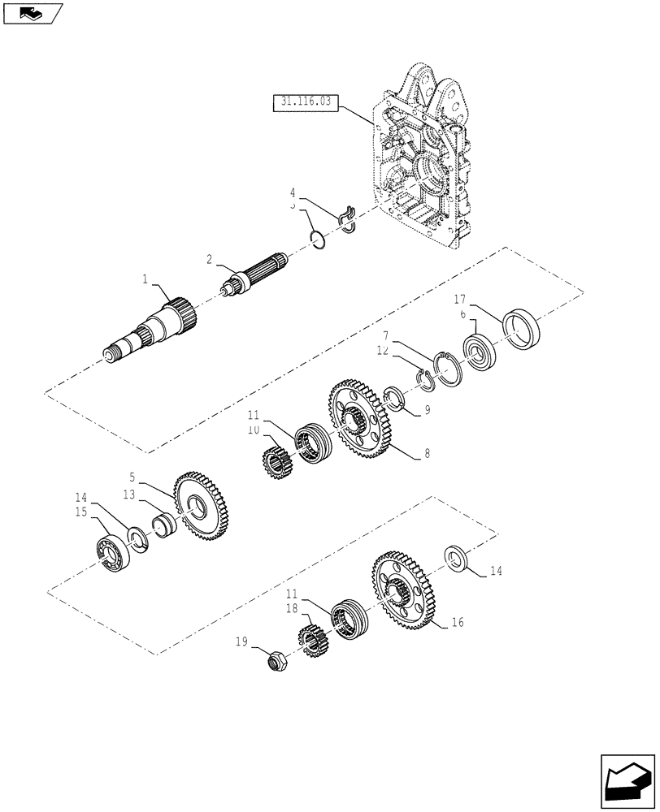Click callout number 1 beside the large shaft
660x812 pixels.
(x=145, y=279)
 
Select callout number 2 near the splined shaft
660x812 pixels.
(x=209, y=260)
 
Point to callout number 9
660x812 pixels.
(x=426, y=411)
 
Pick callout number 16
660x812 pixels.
(x=458, y=623)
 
